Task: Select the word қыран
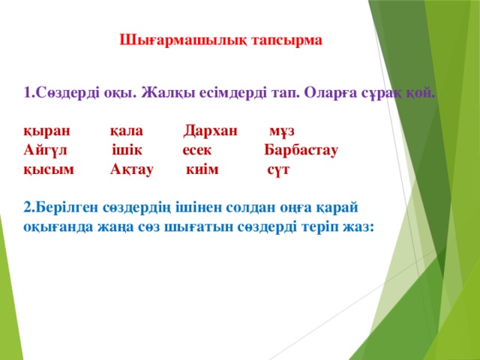tap(46, 132)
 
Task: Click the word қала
tap(127, 132)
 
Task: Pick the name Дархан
tap(210, 132)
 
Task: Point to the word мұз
tap(282, 132)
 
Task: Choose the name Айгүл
tap(45, 151)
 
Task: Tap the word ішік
tap(127, 150)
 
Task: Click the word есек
tap(197, 151)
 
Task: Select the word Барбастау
tap(301, 151)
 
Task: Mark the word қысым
tap(49, 170)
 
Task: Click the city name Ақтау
tap(132, 170)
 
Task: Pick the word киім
tap(202, 169)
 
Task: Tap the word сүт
tap(278, 170)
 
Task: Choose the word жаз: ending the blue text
tap(358, 227)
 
